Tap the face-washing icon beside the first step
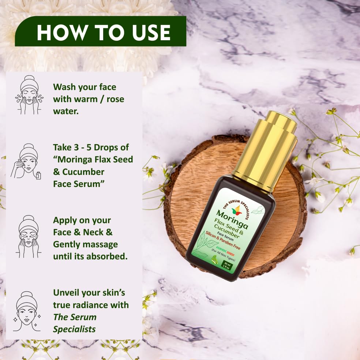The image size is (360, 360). coord(29,95)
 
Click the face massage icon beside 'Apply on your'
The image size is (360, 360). coord(29,236)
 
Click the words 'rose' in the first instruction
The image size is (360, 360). coord(114,99)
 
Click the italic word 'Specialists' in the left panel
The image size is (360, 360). coord(74,329)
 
